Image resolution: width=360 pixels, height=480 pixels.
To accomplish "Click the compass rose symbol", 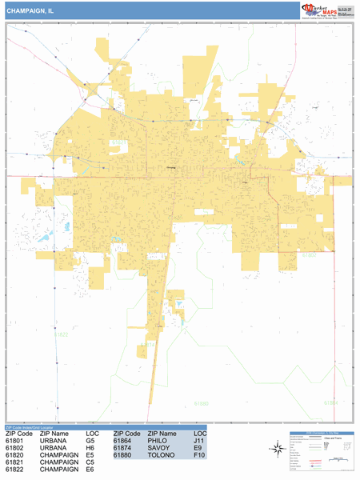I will [x=277, y=449].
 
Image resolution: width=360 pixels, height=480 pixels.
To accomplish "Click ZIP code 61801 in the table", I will [x=15, y=440].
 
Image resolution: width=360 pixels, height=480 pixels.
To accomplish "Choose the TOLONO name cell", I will [x=160, y=455].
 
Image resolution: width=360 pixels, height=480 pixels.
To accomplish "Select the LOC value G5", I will [x=90, y=440].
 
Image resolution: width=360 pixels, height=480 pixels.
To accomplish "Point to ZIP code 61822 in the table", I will [x=15, y=470].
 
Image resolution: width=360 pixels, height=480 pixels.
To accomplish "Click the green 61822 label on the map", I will [x=61, y=334].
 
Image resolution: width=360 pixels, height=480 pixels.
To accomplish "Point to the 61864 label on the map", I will [x=330, y=401].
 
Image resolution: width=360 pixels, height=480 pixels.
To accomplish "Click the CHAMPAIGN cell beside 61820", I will [x=58, y=455].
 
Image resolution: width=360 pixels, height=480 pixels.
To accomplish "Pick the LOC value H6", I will [x=90, y=447].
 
